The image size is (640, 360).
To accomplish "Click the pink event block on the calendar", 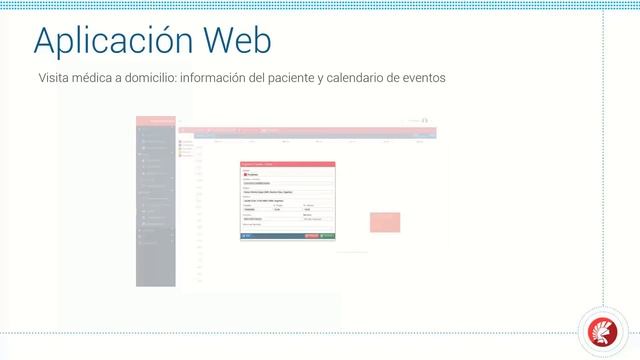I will [385, 222].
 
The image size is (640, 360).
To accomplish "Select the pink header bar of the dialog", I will [287, 164].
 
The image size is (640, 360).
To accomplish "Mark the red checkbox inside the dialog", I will [245, 174].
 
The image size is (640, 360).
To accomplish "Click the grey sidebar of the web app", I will [156, 210].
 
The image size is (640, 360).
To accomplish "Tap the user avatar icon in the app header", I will [425, 121].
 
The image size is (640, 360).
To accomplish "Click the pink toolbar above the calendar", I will [300, 131].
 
